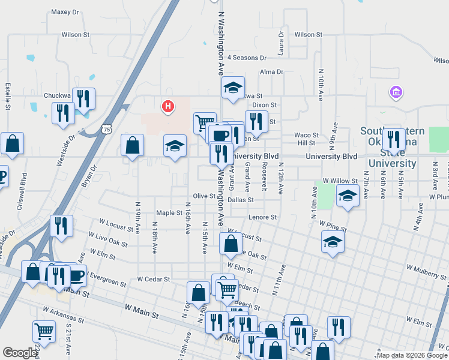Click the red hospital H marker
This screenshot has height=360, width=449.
(168, 107)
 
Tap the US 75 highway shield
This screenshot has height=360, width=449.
(107, 129)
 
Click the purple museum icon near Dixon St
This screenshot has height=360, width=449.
(396, 92)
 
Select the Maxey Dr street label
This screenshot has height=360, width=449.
(65, 11)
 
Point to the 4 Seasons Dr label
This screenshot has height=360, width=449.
(246, 58)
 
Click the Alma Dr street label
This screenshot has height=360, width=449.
(271, 72)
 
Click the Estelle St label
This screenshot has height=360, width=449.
(8, 96)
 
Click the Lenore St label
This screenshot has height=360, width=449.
(264, 217)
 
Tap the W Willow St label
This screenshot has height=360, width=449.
(340, 180)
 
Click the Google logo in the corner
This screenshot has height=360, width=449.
(20, 353)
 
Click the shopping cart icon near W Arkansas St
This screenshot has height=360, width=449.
(44, 329)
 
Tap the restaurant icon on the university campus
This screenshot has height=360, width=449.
(394, 139)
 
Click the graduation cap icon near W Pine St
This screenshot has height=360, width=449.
(333, 242)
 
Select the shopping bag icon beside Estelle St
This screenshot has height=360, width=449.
(12, 144)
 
